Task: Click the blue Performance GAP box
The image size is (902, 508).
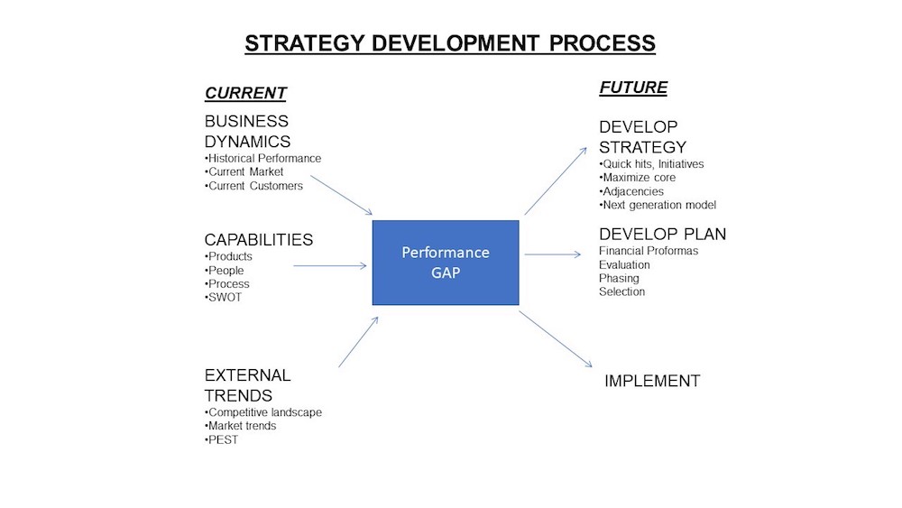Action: [x=446, y=263]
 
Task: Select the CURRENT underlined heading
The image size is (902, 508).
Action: [x=245, y=93]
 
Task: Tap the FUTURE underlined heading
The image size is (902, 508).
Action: [x=633, y=88]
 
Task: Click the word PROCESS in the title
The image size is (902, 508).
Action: [x=603, y=43]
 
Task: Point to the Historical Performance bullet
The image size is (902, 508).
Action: [x=262, y=158]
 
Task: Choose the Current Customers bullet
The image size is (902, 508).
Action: [x=253, y=186]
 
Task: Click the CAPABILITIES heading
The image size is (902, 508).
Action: [x=259, y=239]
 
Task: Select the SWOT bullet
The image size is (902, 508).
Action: [x=223, y=298]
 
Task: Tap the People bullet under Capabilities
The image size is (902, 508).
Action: [x=225, y=271]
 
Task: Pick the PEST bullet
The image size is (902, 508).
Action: [x=222, y=439]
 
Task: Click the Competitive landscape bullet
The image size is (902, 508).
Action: [x=263, y=412]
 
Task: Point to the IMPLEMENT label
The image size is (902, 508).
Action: [x=652, y=381]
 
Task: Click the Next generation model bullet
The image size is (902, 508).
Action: [x=658, y=205]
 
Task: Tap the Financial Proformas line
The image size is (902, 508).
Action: [x=649, y=251]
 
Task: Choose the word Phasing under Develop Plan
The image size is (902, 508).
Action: [x=619, y=279]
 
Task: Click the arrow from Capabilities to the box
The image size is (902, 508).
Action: [x=330, y=266]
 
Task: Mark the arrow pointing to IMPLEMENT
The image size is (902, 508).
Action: [x=556, y=339]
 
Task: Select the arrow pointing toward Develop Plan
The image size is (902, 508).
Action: [x=553, y=254]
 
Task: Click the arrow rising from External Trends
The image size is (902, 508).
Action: [x=358, y=342]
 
